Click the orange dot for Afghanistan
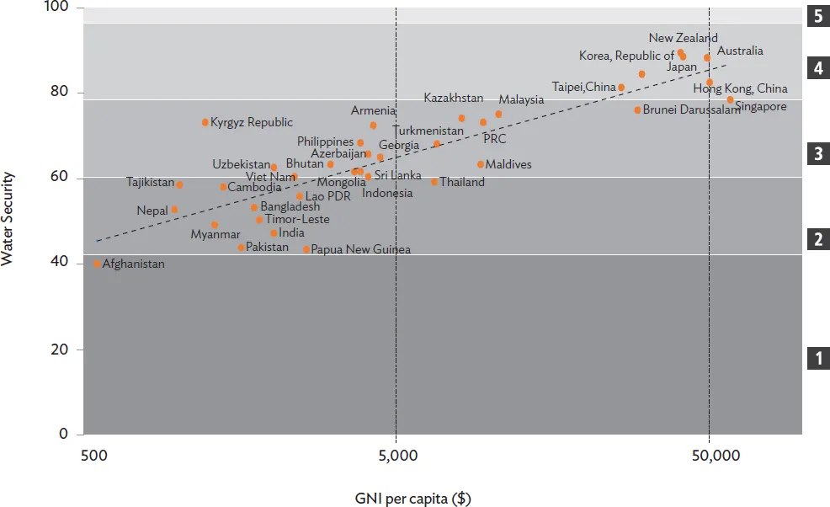click(x=98, y=264)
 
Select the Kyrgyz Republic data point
click(x=205, y=122)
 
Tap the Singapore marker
click(x=730, y=100)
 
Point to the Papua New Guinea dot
click(x=306, y=249)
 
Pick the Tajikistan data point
click(x=179, y=185)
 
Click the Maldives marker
click(x=481, y=164)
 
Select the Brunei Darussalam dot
click(x=637, y=110)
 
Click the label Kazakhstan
click(x=453, y=99)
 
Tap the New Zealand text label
click(x=683, y=38)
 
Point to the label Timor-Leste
click(x=297, y=220)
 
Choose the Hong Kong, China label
click(x=740, y=88)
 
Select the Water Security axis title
click(x=9, y=219)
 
